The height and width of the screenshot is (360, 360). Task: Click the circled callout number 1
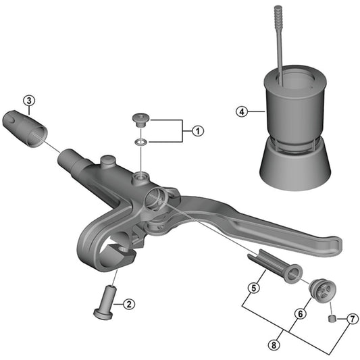pos(197,131)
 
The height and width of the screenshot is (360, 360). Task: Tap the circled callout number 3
pos(28,102)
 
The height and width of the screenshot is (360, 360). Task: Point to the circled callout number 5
pos(253,288)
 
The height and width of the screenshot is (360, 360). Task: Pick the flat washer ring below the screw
pos(141,143)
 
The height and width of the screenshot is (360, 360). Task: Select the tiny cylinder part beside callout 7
pos(332,318)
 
